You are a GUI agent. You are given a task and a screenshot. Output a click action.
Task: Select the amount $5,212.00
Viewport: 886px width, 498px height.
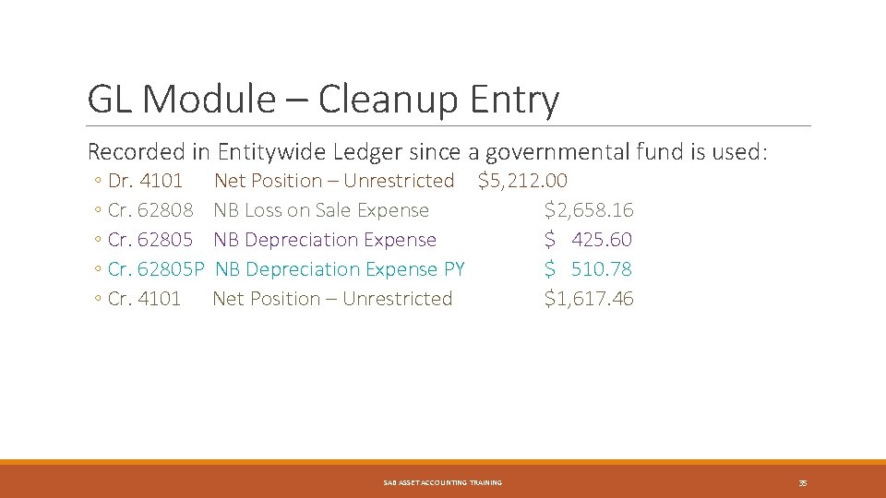522,181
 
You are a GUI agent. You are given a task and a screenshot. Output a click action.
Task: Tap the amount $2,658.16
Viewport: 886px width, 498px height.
589,210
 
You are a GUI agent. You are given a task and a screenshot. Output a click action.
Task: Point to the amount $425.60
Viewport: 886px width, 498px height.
589,240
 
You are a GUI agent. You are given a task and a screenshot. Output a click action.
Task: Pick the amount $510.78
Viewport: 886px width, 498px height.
589,269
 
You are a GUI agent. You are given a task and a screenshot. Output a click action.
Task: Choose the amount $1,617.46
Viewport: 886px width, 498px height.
589,299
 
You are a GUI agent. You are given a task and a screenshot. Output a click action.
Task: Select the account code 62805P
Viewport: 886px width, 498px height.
170,269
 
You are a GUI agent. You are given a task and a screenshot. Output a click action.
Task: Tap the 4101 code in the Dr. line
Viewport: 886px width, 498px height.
160,181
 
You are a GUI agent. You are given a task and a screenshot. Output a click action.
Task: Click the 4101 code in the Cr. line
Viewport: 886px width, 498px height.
159,299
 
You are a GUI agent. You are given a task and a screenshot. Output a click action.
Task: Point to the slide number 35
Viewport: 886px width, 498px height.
803,482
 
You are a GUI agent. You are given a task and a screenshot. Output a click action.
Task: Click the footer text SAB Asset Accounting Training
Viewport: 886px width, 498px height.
443,482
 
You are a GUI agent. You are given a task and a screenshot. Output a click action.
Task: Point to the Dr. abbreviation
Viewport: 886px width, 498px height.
120,181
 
